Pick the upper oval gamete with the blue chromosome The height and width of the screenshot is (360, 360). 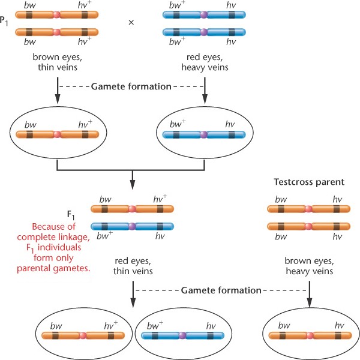205,142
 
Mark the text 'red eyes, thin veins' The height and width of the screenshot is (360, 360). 131,266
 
